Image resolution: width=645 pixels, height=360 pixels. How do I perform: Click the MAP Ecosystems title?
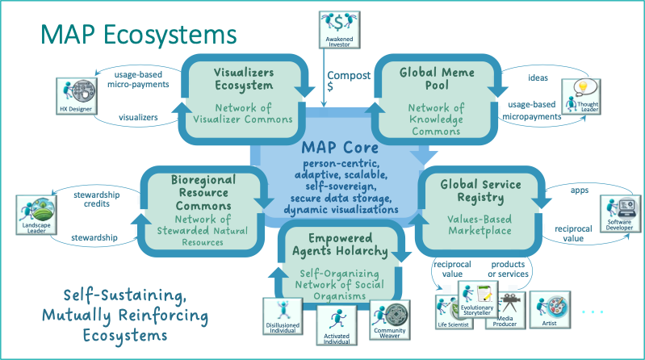click(139, 34)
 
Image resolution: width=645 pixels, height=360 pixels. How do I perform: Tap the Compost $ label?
click(348, 82)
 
